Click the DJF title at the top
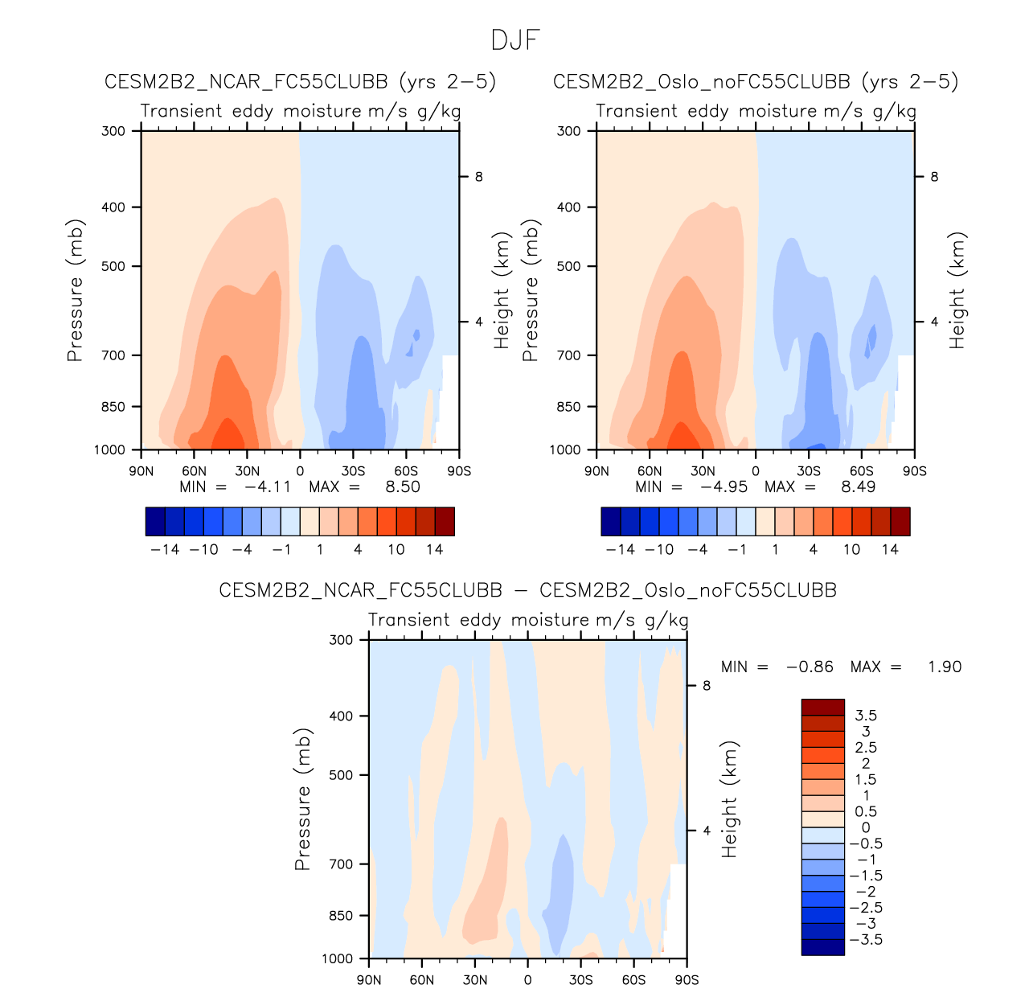[515, 40]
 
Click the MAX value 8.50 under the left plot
[403, 486]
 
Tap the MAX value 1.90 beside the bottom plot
[945, 667]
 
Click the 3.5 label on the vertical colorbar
[866, 715]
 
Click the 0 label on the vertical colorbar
[866, 827]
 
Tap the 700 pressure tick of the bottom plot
[342, 864]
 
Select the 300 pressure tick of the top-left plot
[113, 131]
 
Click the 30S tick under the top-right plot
[808, 471]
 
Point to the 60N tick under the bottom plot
[421, 979]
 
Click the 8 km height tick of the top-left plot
[478, 177]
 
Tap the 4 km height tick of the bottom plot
[707, 831]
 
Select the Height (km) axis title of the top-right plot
[957, 290]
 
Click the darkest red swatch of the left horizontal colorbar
[445, 521]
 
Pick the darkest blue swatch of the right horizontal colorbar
[611, 521]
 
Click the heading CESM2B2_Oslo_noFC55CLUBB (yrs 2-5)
[756, 81]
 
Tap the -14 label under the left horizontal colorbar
[165, 549]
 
